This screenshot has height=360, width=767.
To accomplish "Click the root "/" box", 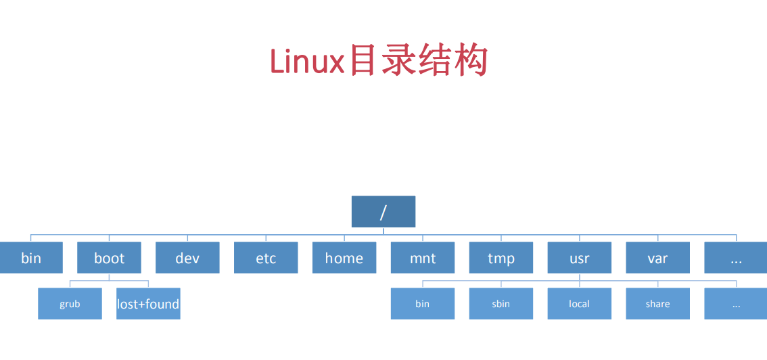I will pyautogui.click(x=383, y=212).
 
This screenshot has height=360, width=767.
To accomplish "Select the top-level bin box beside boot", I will pyautogui.click(x=31, y=258).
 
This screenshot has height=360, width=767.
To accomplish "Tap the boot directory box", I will pyautogui.click(x=110, y=258).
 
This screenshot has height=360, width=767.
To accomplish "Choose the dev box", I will pyautogui.click(x=187, y=258).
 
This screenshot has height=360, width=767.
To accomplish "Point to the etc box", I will pyautogui.click(x=266, y=258).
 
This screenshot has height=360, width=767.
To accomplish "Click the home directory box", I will pyautogui.click(x=344, y=258).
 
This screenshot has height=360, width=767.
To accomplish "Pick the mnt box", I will pyautogui.click(x=423, y=258).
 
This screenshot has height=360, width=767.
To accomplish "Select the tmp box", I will pyautogui.click(x=501, y=258).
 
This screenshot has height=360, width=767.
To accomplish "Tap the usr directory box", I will pyautogui.click(x=580, y=258).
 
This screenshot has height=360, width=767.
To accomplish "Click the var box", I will pyautogui.click(x=657, y=258).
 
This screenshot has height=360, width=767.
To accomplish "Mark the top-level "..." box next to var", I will pyautogui.click(x=736, y=258).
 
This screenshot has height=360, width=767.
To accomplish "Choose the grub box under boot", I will pyautogui.click(x=70, y=304).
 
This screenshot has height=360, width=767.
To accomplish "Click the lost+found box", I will pyautogui.click(x=148, y=304).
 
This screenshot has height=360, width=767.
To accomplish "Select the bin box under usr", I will pyautogui.click(x=423, y=304).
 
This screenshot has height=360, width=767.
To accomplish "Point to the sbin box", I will pyautogui.click(x=501, y=304).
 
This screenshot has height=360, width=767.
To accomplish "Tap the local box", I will pyautogui.click(x=580, y=304).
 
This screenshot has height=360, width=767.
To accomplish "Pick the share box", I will pyautogui.click(x=657, y=304).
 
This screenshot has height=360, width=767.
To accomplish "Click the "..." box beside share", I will pyautogui.click(x=736, y=304).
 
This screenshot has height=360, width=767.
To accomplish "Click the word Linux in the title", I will pyautogui.click(x=308, y=62).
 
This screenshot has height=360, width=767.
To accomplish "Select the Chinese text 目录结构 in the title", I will pyautogui.click(x=418, y=61).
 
